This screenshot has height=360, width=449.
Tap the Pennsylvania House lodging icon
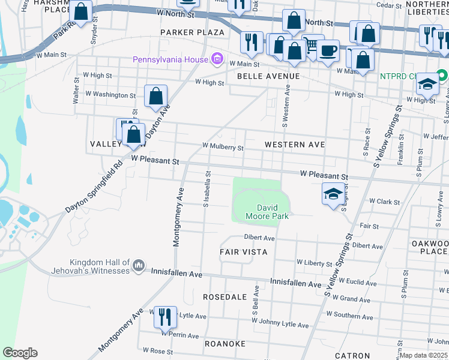click(217, 59)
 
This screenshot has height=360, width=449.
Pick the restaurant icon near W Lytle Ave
click(165, 316)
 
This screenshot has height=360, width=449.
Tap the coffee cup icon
click(328, 50)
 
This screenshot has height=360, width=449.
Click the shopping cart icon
click(311, 44)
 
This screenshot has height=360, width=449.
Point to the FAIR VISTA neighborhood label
click(243, 252)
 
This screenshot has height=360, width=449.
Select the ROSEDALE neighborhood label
click(225, 297)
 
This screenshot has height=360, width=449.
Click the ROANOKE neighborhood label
click(225, 343)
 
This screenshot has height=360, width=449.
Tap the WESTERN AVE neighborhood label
click(295, 145)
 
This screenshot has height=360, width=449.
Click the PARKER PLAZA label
click(192, 32)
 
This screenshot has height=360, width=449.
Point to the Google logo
click(20, 352)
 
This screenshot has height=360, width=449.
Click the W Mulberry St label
click(223, 146)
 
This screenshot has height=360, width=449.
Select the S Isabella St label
click(206, 188)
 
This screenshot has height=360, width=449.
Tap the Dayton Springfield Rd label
click(92, 188)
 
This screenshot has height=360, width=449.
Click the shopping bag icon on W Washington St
click(155, 96)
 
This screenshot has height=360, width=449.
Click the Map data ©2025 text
click(424, 355)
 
